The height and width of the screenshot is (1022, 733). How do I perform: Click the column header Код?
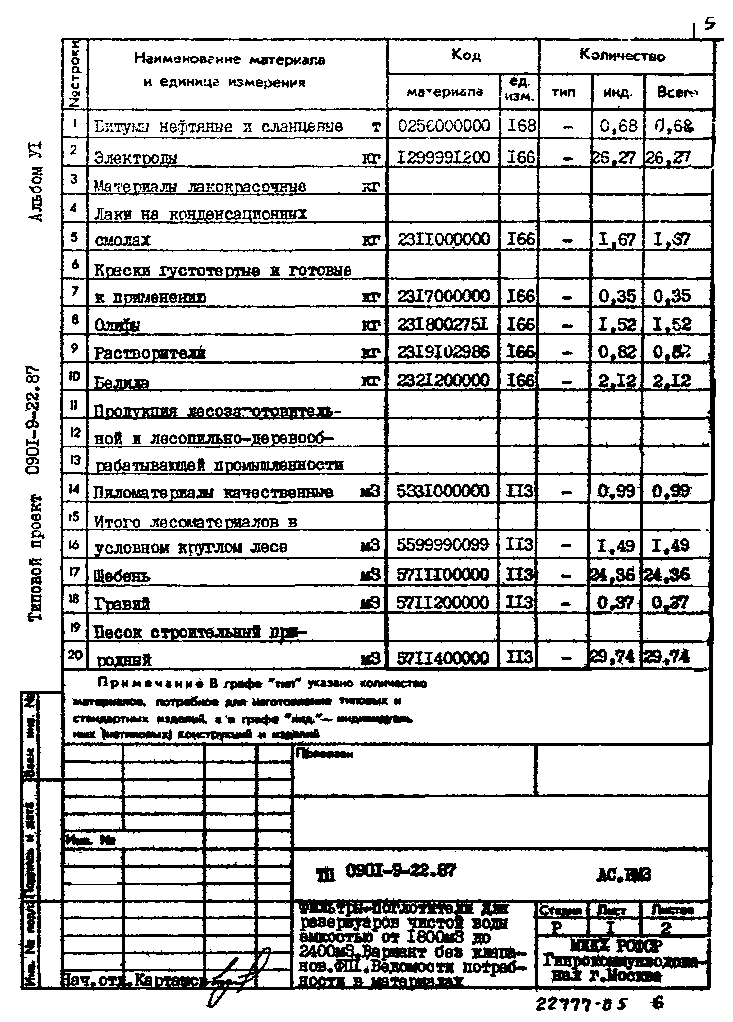(466, 56)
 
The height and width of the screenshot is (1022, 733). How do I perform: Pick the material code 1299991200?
(444, 157)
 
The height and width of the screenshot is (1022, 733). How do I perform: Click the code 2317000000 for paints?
(444, 296)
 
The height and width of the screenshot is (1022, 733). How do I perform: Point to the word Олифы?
(117, 325)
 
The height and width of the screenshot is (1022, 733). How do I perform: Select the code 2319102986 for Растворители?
(444, 351)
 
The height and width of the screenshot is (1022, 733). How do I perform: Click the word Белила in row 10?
(122, 382)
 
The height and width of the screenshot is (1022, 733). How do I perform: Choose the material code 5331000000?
(443, 491)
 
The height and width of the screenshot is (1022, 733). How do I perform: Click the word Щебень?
(122, 576)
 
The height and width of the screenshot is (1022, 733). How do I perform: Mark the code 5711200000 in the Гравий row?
(443, 603)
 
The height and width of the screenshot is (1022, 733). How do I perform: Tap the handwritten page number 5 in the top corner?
(709, 24)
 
